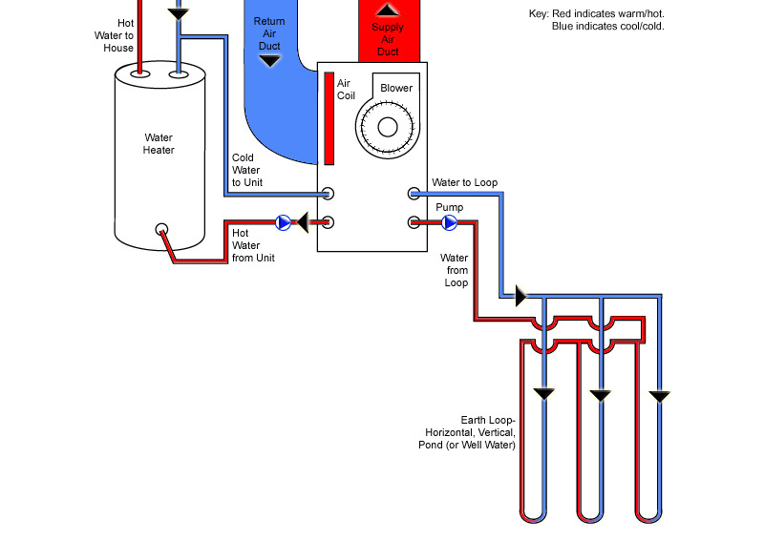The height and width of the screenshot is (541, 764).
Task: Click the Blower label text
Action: click(x=396, y=89)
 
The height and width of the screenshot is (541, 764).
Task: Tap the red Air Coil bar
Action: click(x=329, y=117)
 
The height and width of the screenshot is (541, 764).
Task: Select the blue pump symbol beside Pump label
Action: click(x=449, y=223)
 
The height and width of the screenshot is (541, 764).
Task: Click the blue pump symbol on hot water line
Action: click(x=284, y=223)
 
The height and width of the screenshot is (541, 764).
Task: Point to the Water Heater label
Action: click(x=159, y=143)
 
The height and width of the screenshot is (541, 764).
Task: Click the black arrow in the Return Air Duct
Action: click(x=270, y=61)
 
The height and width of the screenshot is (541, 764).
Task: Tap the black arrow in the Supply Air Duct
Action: click(x=387, y=10)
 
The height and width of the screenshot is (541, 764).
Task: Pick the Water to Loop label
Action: click(x=464, y=182)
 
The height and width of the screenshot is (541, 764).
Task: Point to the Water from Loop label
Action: click(x=455, y=270)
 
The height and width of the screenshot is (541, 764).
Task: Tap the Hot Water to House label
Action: click(x=118, y=35)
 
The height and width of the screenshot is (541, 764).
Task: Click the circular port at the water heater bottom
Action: click(x=162, y=230)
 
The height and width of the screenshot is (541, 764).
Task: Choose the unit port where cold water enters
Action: click(x=328, y=194)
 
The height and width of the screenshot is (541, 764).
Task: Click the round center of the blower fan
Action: click(x=388, y=128)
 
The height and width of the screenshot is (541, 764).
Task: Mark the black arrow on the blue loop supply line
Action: click(x=520, y=296)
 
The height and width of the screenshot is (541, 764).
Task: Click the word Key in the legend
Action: click(x=538, y=14)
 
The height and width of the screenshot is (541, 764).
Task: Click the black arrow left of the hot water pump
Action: click(x=302, y=223)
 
